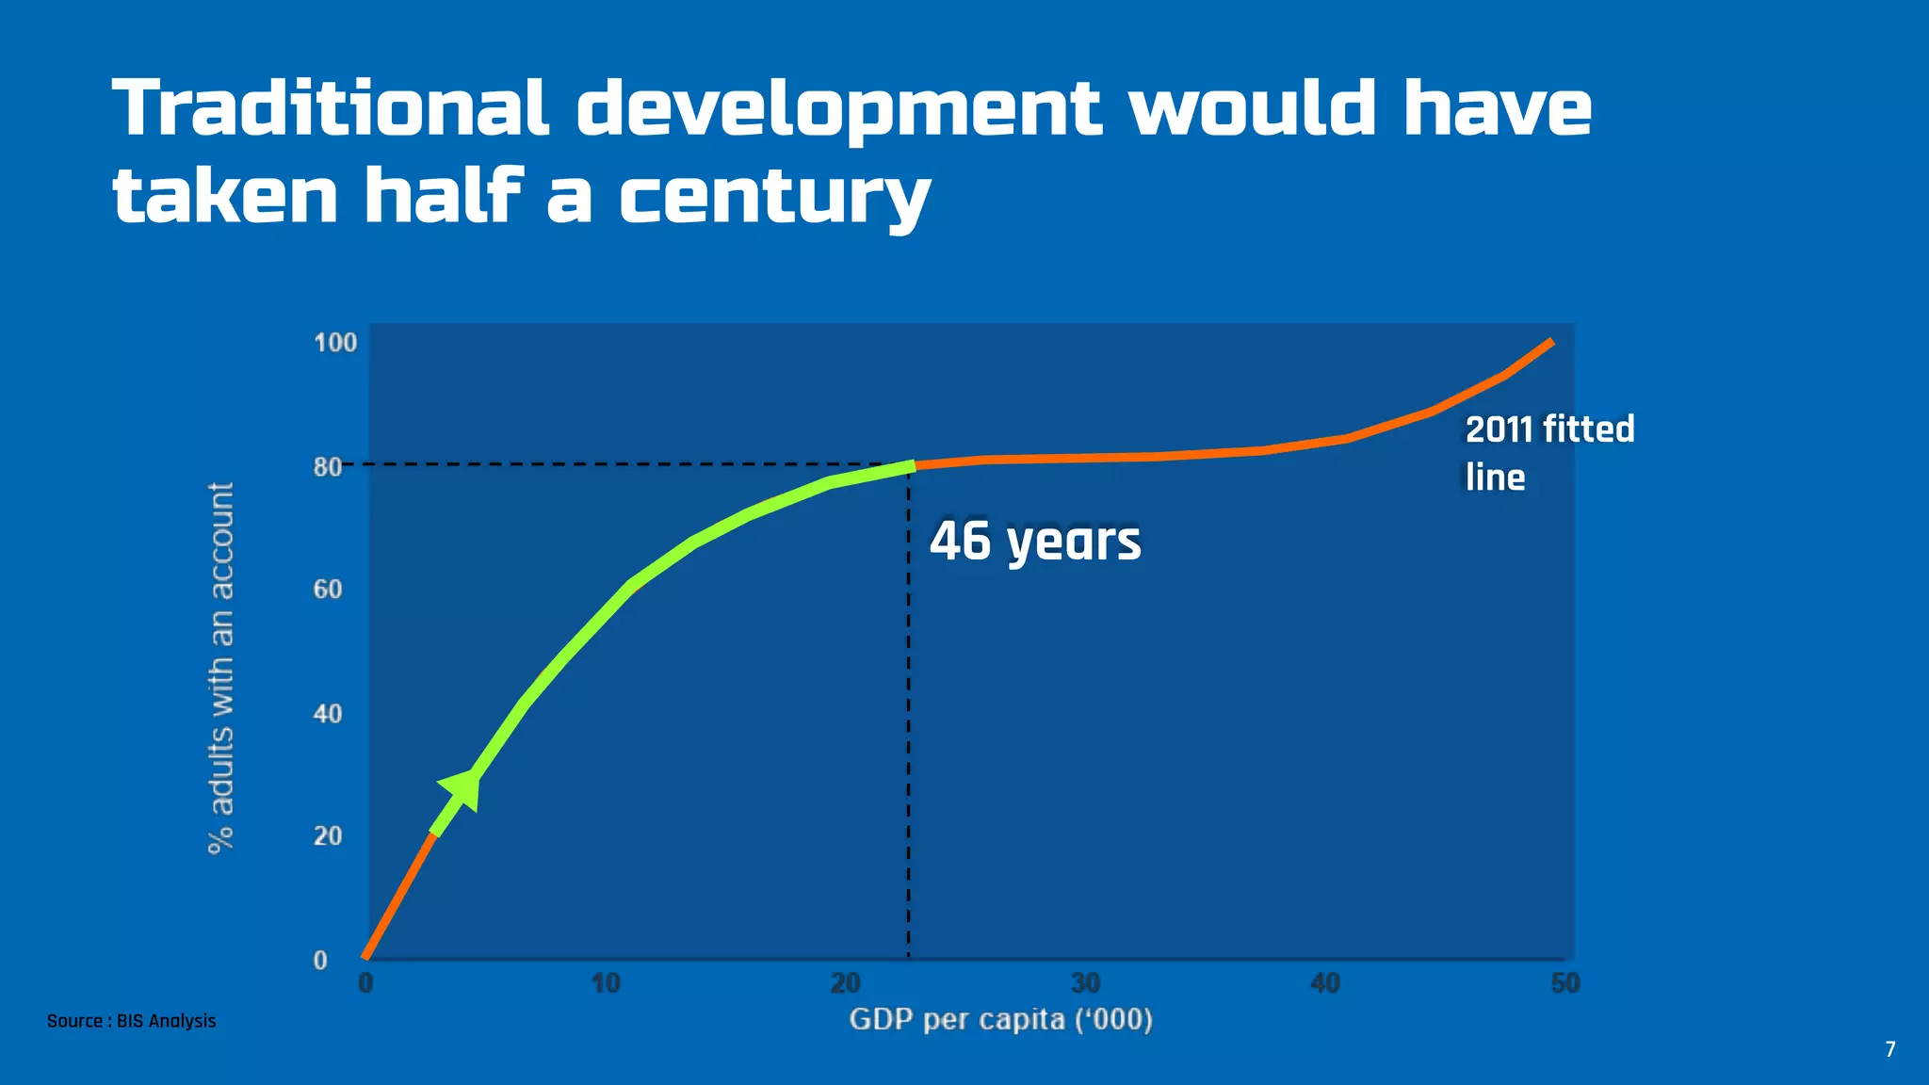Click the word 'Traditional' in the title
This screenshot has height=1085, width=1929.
tap(330, 107)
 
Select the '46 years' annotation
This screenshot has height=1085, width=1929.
tap(1035, 542)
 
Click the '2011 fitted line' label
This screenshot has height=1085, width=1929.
tap(1549, 453)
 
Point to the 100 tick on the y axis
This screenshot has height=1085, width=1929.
tap(335, 343)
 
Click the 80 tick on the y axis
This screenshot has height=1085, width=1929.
tap(328, 467)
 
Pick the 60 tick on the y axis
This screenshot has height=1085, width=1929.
tap(328, 590)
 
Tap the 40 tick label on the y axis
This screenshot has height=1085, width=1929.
tap(328, 714)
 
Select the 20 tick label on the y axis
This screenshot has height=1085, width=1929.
tap(328, 836)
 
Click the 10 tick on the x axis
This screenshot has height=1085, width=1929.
tap(606, 984)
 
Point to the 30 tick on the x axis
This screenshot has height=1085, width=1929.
tap(1085, 984)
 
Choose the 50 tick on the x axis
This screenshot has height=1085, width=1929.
tap(1564, 984)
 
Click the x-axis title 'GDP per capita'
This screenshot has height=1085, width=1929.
tap(1000, 1020)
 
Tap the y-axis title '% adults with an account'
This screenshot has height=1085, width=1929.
tap(220, 669)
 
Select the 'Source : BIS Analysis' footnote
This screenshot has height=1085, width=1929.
tap(132, 1021)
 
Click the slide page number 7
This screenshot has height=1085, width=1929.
tap(1889, 1049)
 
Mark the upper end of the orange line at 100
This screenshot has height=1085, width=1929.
tap(1550, 342)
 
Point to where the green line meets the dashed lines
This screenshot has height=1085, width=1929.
tap(910, 465)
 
